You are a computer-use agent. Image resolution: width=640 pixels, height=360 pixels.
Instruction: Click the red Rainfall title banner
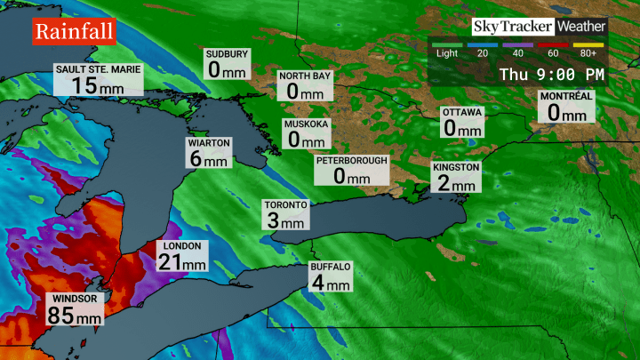tap(75, 33)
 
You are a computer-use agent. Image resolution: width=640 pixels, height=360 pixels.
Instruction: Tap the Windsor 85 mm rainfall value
tap(74, 315)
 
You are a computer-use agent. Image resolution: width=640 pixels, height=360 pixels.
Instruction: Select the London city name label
tap(182, 246)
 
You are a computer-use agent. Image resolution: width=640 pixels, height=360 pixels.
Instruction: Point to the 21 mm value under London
tap(182, 262)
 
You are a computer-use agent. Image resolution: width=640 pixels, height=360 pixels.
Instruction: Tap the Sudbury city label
tap(227, 54)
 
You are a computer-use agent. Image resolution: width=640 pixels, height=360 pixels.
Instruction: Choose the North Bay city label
tap(305, 76)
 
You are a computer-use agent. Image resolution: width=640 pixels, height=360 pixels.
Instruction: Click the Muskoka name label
tap(307, 124)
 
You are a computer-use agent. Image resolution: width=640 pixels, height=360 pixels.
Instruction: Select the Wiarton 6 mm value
tap(210, 160)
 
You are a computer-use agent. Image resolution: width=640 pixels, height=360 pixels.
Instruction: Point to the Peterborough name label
tap(351, 160)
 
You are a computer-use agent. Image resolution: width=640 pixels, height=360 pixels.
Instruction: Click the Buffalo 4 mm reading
tap(331, 284)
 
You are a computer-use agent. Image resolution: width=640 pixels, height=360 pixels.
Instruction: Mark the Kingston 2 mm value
tap(456, 184)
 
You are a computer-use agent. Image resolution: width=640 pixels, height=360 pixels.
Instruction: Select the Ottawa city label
tap(462, 113)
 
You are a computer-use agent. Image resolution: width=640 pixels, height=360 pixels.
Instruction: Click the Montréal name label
tap(566, 96)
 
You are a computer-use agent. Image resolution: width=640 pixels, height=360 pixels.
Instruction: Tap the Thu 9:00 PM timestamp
tap(551, 74)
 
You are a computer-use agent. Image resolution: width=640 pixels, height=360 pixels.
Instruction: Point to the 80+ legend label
tap(590, 52)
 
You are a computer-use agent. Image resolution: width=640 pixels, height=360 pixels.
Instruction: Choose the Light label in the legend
tap(447, 52)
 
